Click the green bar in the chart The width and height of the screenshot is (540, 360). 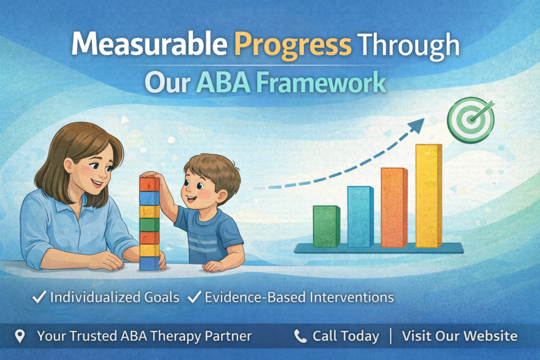pos(326,227)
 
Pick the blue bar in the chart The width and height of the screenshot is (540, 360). pos(360,217)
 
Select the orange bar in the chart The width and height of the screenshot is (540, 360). pos(394,208)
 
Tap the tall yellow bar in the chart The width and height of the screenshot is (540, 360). pos(428,196)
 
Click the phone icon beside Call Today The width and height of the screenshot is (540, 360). pos(300,336)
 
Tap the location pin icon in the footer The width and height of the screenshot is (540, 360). pos(20,336)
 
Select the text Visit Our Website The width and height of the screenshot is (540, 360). pos(459,336)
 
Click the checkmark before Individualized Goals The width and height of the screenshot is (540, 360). pos(39,297)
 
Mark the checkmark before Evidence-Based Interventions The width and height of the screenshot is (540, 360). pos(194,297)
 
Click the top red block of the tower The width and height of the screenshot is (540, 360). pos(149,184)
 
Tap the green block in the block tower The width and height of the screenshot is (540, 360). pos(149,225)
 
